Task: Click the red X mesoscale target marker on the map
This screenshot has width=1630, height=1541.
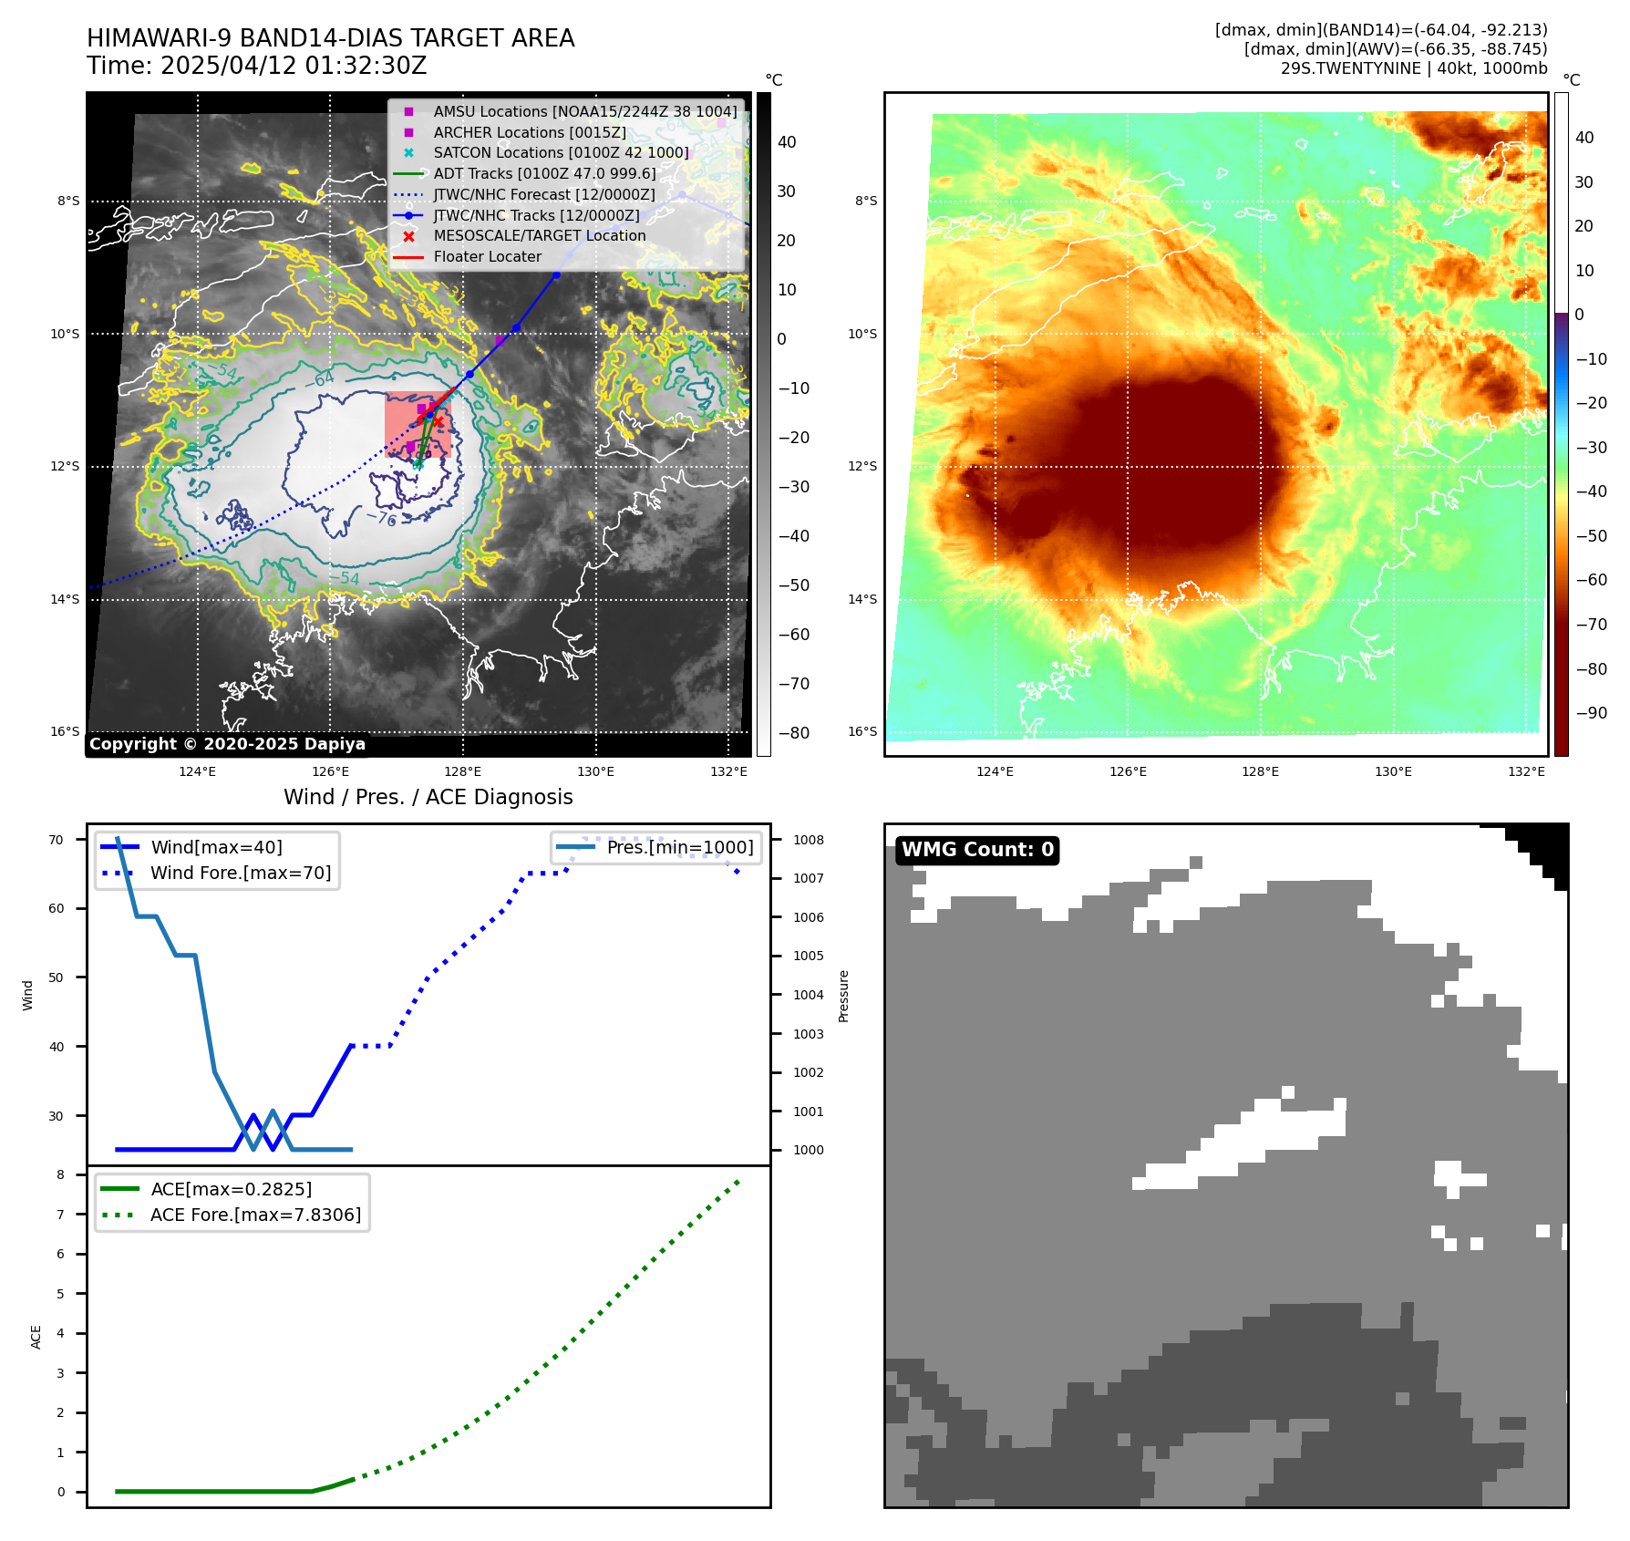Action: pos(438,421)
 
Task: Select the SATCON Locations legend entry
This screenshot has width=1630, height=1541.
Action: pos(561,153)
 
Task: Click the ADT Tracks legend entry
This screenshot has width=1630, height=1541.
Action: pos(544,174)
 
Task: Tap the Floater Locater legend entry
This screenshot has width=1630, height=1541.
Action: pos(487,257)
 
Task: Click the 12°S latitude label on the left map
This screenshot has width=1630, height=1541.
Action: pos(65,467)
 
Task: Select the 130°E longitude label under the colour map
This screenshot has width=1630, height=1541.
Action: pos(1393,772)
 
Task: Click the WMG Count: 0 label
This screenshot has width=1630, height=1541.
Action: pos(977,850)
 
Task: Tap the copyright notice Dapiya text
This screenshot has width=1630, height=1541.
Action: pos(227,744)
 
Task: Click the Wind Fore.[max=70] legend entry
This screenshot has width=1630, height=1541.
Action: pos(241,874)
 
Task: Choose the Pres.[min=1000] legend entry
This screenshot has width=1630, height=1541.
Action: pos(680,848)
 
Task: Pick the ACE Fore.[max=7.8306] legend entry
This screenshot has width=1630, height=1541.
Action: pos(255,1215)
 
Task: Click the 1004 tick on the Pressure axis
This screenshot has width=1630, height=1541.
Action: pos(808,996)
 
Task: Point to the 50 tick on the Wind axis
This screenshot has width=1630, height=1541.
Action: pos(57,978)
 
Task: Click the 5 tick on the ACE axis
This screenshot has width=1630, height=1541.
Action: pos(61,1295)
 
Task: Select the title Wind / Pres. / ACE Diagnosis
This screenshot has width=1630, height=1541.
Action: pos(428,798)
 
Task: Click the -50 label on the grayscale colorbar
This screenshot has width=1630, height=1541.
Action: pos(793,585)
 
